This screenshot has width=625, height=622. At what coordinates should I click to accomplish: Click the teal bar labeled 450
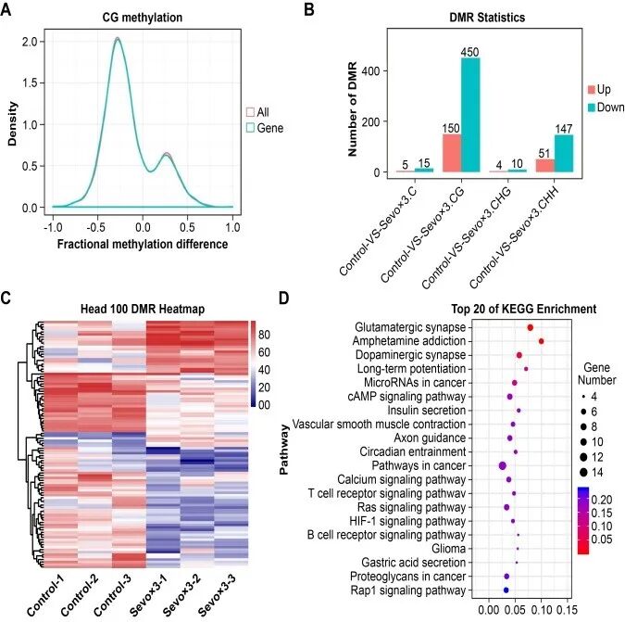pyautogui.click(x=470, y=115)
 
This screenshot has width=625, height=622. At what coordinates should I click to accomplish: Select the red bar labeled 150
pyautogui.click(x=452, y=153)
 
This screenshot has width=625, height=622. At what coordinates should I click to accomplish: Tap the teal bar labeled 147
pyautogui.click(x=564, y=154)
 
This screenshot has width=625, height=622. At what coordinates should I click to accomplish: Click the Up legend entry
pyautogui.click(x=599, y=89)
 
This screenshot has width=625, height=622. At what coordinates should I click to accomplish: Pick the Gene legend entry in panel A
pyautogui.click(x=265, y=128)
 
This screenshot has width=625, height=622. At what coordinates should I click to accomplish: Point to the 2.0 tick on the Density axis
pyautogui.click(x=30, y=42)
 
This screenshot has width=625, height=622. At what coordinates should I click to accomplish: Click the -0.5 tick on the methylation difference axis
pyautogui.click(x=95, y=227)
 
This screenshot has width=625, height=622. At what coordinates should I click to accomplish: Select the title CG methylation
pyautogui.click(x=143, y=18)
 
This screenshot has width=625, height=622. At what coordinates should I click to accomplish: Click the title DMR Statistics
pyautogui.click(x=487, y=18)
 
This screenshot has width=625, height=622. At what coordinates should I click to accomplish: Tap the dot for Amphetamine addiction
pyautogui.click(x=542, y=341)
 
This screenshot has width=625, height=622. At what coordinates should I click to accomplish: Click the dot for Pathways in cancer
pyautogui.click(x=502, y=465)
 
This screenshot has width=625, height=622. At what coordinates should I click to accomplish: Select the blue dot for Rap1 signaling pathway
pyautogui.click(x=506, y=590)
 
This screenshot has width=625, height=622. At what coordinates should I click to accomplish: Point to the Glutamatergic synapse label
pyautogui.click(x=410, y=327)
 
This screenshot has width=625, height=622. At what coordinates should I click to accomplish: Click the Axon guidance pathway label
pyautogui.click(x=430, y=438)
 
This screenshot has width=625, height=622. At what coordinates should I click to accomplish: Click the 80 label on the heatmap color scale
pyautogui.click(x=264, y=335)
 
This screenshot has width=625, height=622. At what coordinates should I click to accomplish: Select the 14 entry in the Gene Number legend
pyautogui.click(x=591, y=473)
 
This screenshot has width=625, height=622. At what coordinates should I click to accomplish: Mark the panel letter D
pyautogui.click(x=284, y=298)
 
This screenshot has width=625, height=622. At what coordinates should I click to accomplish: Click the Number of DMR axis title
pyautogui.click(x=352, y=109)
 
